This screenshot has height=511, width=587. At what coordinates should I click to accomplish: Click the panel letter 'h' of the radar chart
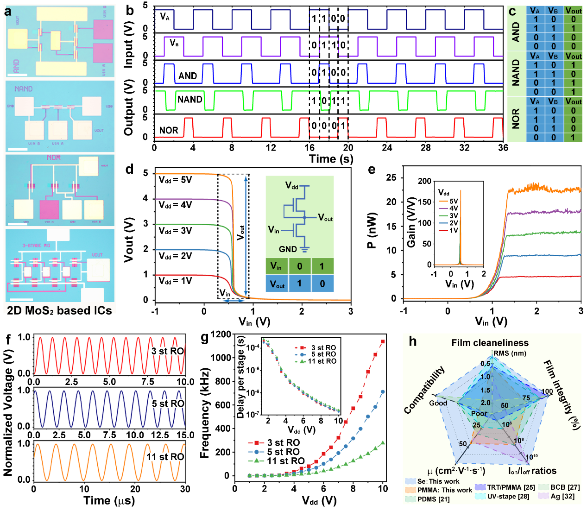coord(412,342)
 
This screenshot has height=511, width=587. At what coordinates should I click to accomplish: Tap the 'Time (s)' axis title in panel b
coord(331,159)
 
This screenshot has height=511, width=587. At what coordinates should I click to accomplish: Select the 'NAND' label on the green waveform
coord(189,99)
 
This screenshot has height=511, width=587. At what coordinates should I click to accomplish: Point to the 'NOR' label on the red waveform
coord(169,130)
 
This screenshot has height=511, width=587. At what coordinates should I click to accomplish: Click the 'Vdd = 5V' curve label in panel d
coord(175,180)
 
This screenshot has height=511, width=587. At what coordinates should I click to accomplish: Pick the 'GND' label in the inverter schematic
coord(288,249)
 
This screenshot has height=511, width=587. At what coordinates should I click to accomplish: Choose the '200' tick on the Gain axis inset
coord(424,181)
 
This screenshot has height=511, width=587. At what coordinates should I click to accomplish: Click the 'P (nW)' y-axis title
coord(372,231)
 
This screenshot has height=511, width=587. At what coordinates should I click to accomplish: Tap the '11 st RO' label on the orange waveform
coord(165,457)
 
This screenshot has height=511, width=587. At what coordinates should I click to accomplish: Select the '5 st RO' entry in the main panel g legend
coord(283,452)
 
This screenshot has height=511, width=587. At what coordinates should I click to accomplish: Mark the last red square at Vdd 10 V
coord(383,342)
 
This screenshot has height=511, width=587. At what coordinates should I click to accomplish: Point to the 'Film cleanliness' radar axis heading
coord(490,343)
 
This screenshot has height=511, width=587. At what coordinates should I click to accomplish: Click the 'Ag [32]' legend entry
coord(562,496)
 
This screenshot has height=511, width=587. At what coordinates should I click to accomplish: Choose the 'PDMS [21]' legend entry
coord(433,499)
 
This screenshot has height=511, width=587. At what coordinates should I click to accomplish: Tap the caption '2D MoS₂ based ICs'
coord(59,310)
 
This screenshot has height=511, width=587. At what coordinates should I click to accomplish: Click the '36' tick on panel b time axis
coord(503,148)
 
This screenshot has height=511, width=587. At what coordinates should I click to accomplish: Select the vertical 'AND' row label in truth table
coord(516,32)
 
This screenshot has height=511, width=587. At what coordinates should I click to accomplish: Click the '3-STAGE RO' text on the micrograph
coord(36,245)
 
